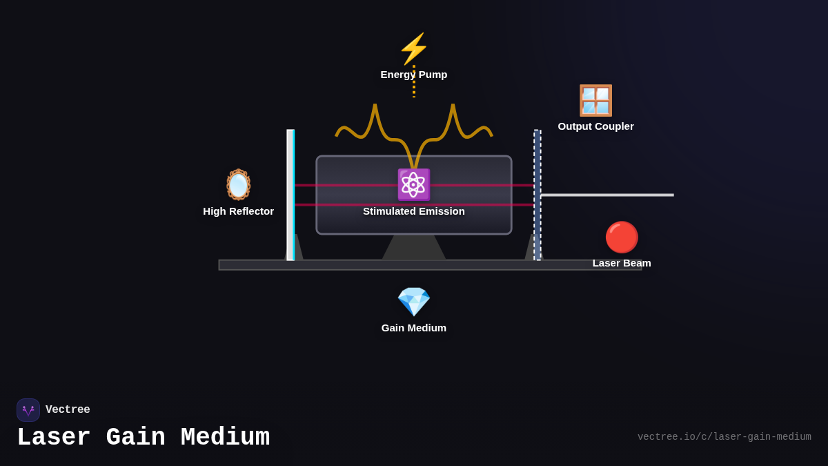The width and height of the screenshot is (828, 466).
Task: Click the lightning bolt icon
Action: point(414,49)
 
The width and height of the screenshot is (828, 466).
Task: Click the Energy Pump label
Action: point(414,75)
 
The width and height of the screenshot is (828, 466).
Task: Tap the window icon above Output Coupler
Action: point(595,101)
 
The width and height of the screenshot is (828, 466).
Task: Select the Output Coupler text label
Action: point(595,126)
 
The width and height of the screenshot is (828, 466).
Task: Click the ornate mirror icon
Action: point(239,185)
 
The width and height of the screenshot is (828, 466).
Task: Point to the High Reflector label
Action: point(239,211)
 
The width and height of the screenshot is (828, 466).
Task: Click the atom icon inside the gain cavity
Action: point(414,184)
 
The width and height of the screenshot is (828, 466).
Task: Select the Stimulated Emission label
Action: point(414,211)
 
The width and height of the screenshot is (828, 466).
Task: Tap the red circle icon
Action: point(622,237)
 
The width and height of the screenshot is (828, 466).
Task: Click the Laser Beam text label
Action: point(622,263)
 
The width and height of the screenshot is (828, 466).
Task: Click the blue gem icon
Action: point(414,302)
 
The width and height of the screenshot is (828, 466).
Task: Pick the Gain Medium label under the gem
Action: point(414,328)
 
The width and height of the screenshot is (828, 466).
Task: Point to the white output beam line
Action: point(607,195)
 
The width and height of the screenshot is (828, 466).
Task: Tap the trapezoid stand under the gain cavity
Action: point(414,248)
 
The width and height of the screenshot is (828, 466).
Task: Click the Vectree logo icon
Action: point(28,410)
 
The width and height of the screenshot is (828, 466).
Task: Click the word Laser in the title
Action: point(54,438)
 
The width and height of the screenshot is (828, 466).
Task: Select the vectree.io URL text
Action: point(724,437)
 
